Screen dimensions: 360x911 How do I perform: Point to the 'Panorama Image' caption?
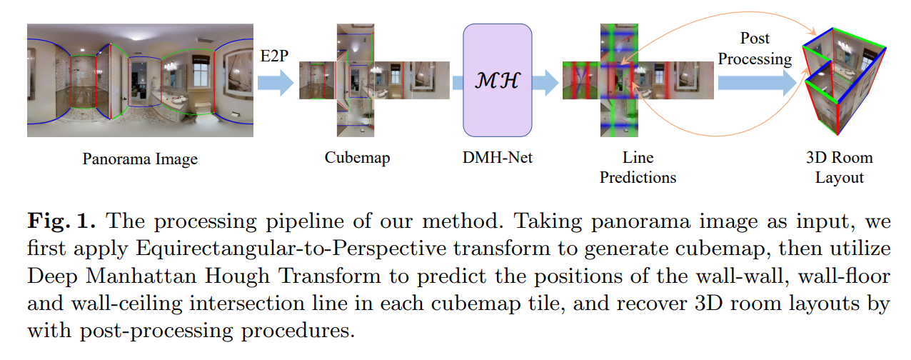(140, 159)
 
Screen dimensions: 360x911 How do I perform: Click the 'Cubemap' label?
(357, 157)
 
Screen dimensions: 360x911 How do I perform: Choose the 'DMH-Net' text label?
(497, 157)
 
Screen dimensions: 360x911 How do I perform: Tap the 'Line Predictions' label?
(638, 166)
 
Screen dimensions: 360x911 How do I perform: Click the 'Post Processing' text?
(755, 48)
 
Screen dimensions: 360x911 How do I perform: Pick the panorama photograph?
(140, 79)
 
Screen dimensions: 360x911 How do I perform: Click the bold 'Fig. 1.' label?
(61, 221)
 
